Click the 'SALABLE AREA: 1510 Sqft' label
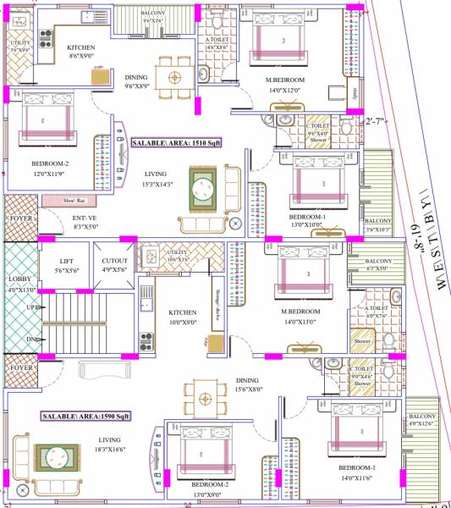pos(176,144)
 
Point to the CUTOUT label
pos(113,265)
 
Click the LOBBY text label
pos(18,283)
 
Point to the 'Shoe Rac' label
pos(80,201)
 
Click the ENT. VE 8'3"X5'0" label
pos(86,222)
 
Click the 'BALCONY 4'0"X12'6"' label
pos(423,421)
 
